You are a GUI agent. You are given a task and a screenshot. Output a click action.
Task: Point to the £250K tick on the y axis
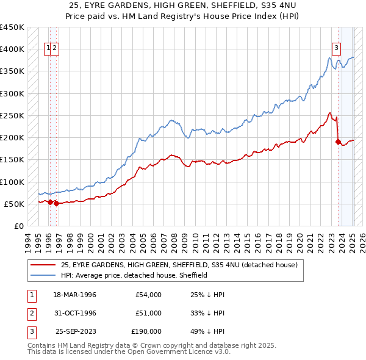[x=12, y=115]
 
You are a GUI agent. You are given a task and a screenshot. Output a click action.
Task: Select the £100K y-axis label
[x=12, y=182]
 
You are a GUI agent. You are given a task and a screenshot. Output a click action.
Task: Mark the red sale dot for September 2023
[x=337, y=142]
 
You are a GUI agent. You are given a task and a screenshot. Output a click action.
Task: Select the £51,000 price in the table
[x=149, y=313]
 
